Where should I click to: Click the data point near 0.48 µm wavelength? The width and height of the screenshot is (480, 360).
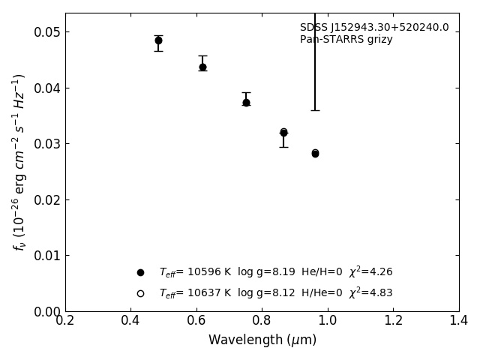(158, 40)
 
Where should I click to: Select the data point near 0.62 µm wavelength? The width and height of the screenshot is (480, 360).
(202, 67)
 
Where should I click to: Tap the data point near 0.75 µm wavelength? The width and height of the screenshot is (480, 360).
(246, 102)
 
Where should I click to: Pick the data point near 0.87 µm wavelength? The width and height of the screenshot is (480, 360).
(283, 132)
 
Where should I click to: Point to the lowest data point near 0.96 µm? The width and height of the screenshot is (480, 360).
(315, 153)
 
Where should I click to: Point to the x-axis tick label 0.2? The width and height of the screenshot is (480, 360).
(65, 321)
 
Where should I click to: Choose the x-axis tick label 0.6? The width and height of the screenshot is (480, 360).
(196, 321)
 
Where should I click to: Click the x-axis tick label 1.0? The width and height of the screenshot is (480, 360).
(328, 321)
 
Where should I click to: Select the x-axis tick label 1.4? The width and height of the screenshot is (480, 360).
(459, 321)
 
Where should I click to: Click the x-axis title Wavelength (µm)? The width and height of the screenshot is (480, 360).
(262, 340)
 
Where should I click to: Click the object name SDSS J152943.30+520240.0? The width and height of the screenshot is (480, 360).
(374, 28)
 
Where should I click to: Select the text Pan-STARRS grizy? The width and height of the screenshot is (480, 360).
(346, 40)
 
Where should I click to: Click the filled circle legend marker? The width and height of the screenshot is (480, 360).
(140, 272)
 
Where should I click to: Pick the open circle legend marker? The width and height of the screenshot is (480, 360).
(140, 293)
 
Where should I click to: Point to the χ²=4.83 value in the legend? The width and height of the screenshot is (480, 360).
(370, 292)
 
